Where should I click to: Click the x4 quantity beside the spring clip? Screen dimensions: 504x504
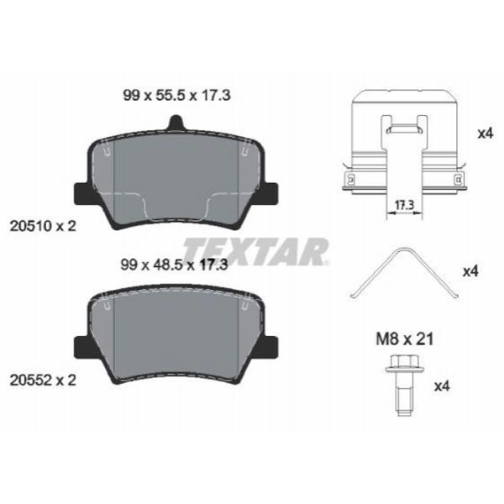click(x=470, y=271)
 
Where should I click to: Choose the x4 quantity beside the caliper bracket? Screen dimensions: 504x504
click(x=484, y=133)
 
